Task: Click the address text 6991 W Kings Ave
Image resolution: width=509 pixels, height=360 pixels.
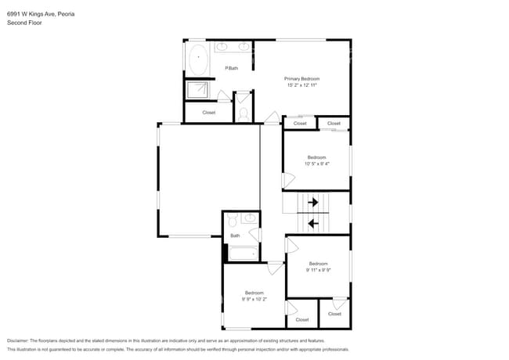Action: [35, 14]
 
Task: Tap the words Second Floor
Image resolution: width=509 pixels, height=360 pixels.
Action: [24, 23]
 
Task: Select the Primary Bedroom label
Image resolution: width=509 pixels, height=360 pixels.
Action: [301, 79]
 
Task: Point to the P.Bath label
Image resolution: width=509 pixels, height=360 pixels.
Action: [232, 68]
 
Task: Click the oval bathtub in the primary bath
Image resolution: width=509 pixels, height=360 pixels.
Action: [199, 58]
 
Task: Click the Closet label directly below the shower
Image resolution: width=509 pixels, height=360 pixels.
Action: [209, 113]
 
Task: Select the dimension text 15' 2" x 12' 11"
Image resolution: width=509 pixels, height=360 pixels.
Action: [301, 85]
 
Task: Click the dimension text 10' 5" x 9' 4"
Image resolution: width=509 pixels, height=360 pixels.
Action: [316, 164]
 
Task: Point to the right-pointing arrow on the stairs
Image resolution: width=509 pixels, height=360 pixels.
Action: [313, 203]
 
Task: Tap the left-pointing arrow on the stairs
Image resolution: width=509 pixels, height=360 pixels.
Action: [313, 224]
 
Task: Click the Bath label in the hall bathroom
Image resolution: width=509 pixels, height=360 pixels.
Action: [235, 236]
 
